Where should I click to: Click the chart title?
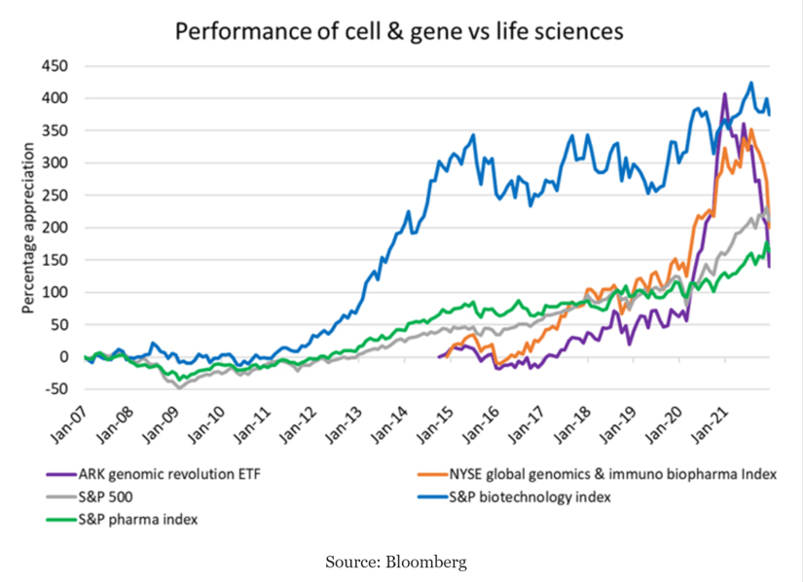[398, 31]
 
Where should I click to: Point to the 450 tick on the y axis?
[55, 66]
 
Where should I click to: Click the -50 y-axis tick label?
[56, 389]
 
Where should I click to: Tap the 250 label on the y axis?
[55, 196]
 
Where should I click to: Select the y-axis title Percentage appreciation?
[28, 228]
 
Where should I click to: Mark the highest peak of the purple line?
[724, 94]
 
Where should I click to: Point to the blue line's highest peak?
[750, 83]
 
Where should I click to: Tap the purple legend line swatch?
[59, 475]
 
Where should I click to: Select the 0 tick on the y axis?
[62, 357]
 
